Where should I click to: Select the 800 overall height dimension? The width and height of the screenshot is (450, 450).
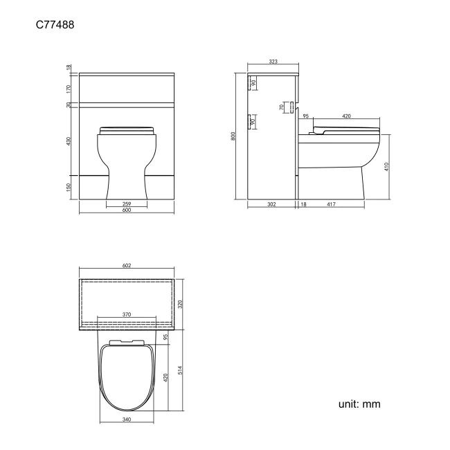[x=235, y=136]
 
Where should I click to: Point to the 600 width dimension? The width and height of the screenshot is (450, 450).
[x=127, y=210]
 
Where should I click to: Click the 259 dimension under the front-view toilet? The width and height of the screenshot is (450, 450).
[x=127, y=204]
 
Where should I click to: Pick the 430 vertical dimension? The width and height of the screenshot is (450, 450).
[x=69, y=141]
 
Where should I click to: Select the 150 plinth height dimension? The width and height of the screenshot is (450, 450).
[x=69, y=188]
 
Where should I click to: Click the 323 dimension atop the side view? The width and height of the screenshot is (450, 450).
[x=273, y=62]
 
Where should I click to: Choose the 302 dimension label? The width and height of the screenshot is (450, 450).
[x=273, y=204]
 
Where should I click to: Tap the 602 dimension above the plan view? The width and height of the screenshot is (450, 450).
[x=127, y=266]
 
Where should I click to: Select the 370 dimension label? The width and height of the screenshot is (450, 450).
[x=127, y=314]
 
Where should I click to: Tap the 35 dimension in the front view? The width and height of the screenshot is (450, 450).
[x=69, y=105]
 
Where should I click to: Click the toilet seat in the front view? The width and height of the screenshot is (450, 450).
[x=127, y=129]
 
